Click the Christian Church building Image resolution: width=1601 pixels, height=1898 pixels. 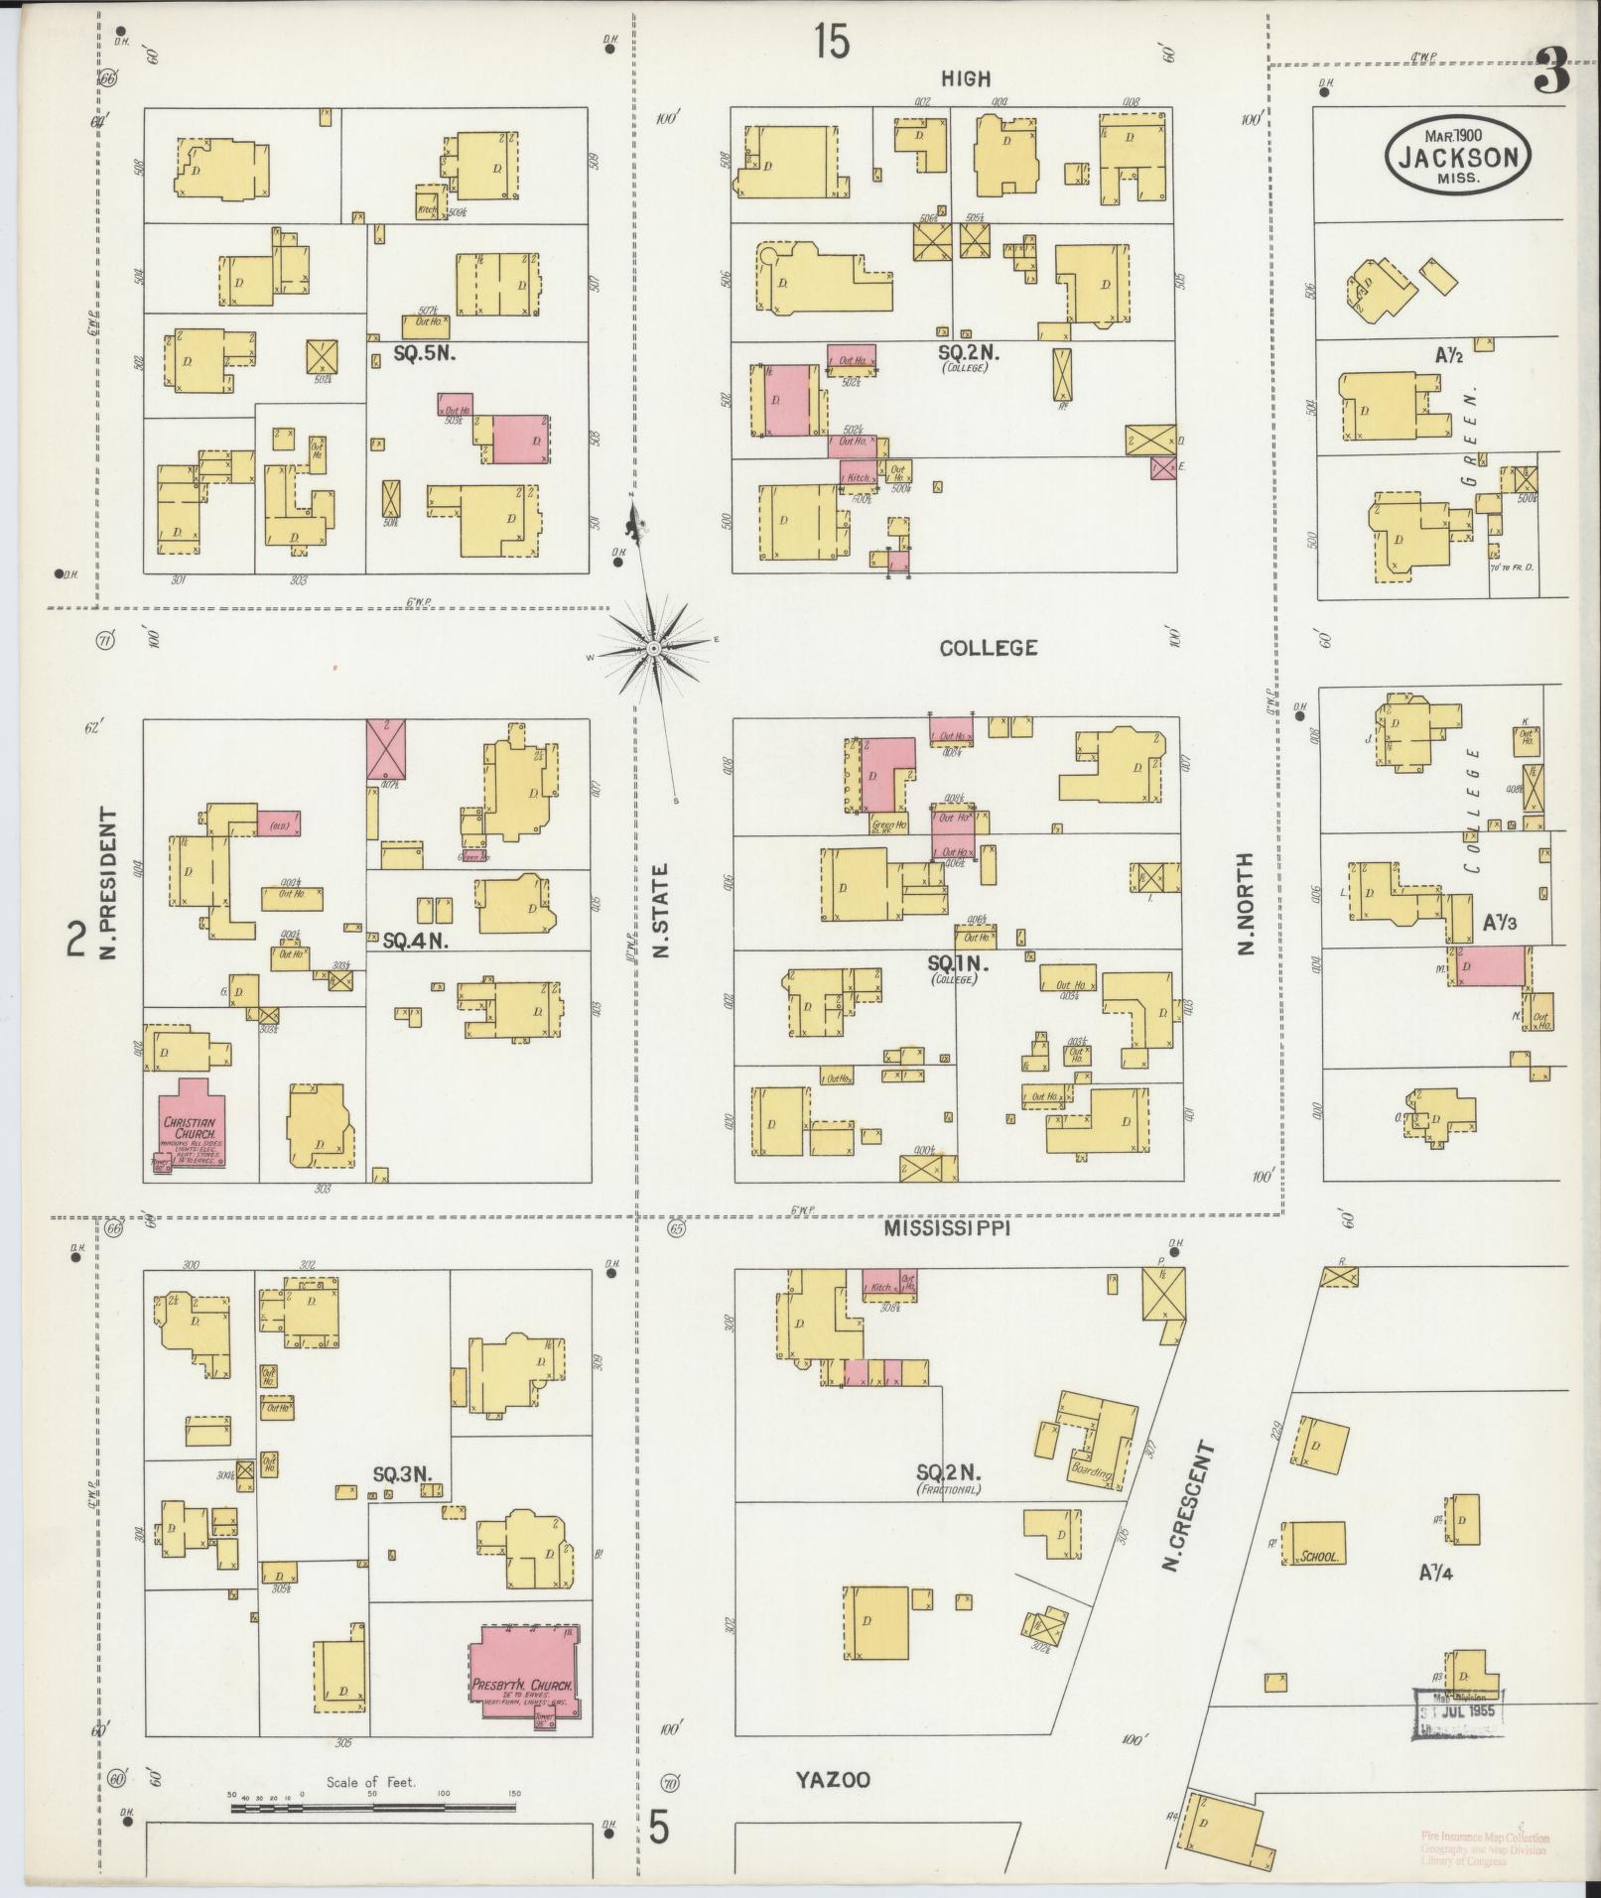click(191, 1127)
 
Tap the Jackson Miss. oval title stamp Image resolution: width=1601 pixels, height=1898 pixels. click(1458, 157)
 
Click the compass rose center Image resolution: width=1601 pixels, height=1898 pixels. click(653, 649)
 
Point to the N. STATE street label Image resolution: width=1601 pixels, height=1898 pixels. click(662, 910)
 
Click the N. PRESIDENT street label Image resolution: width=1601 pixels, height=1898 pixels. click(108, 884)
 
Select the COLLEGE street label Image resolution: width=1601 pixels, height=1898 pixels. click(988, 648)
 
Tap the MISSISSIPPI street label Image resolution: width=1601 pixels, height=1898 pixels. click(947, 1228)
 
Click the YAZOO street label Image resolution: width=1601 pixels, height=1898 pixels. click(834, 1780)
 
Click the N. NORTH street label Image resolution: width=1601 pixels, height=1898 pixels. click(1247, 903)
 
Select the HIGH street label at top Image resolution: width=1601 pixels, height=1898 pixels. click(966, 78)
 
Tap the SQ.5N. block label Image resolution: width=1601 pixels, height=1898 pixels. click(424, 352)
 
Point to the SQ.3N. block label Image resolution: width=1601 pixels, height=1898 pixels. click(402, 1474)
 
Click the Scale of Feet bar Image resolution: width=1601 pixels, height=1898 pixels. click(373, 1808)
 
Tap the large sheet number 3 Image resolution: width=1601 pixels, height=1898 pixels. click(1552, 74)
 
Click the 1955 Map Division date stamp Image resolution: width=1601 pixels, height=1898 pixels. click(1458, 1712)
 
